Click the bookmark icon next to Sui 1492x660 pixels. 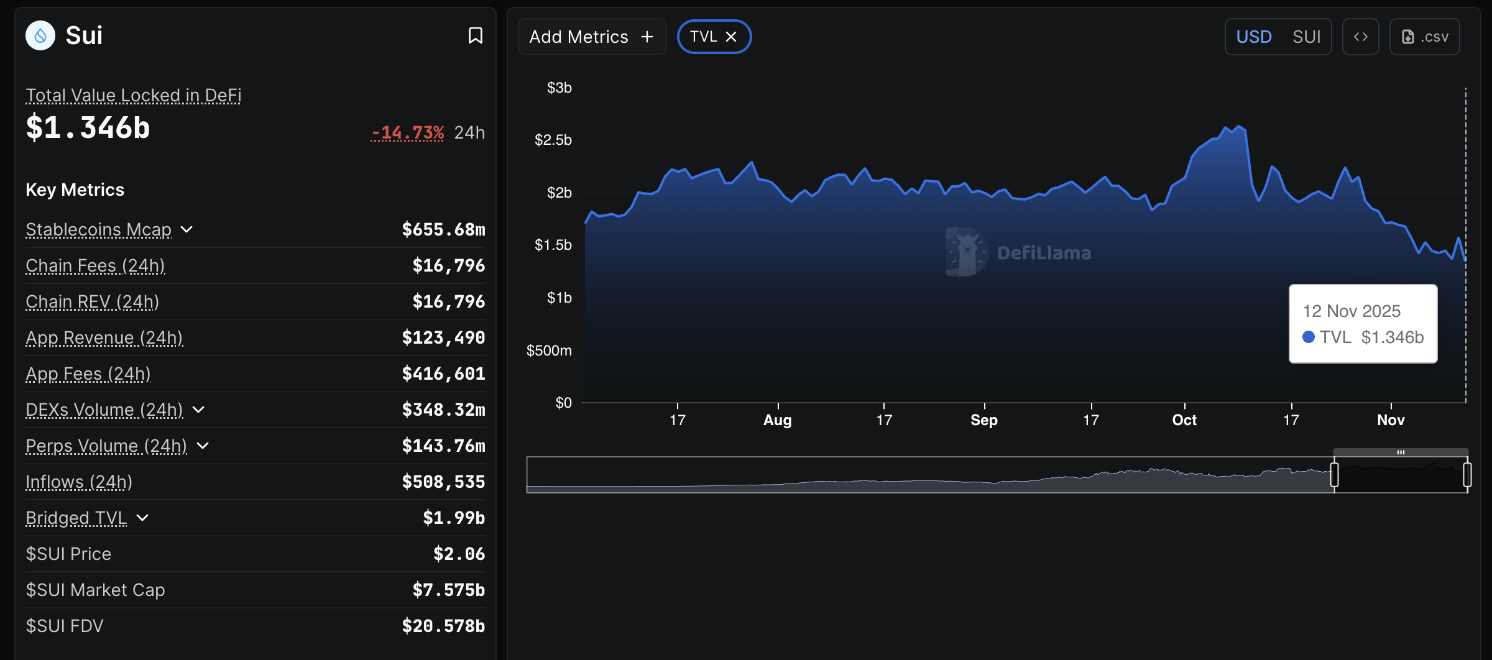475,35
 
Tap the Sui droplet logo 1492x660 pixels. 40,35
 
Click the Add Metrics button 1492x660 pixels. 591,37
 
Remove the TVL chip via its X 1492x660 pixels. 731,37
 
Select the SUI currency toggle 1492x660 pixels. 1306,37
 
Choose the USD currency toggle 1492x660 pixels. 1253,37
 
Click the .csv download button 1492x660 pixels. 1424,37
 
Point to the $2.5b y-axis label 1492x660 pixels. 553,140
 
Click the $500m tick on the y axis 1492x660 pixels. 548,351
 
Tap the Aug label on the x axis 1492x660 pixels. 777,420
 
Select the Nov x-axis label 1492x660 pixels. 1391,420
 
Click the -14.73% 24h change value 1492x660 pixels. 407,132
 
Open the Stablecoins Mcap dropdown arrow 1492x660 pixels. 186,229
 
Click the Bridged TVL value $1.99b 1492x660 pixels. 453,518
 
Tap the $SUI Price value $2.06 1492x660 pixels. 459,554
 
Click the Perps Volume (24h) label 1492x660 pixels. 106,446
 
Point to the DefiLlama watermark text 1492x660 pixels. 1044,253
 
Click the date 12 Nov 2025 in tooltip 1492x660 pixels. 1352,311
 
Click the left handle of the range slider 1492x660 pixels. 1334,475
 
